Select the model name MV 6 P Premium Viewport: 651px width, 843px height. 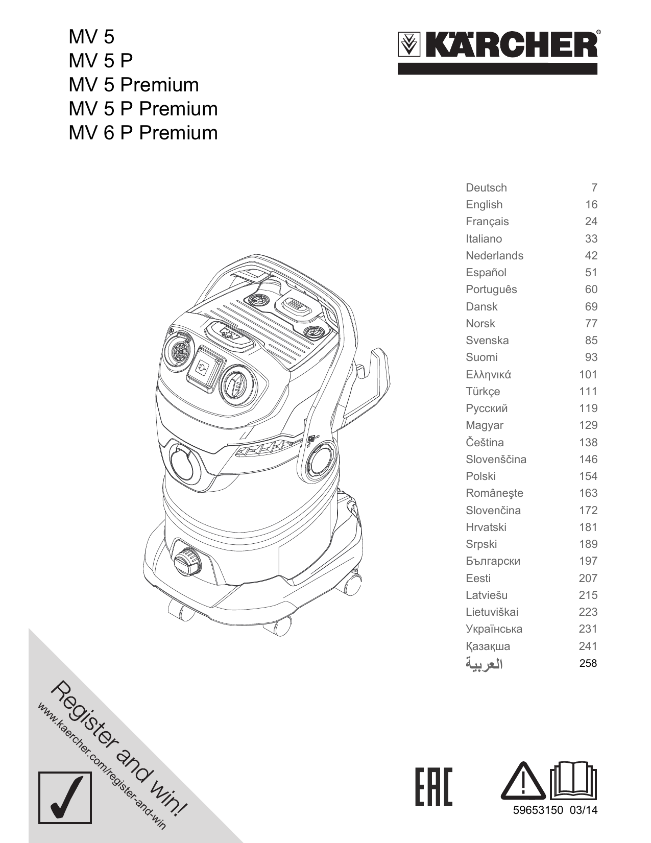pos(143,133)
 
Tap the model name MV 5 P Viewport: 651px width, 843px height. pos(101,61)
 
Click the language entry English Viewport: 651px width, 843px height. pos(484,205)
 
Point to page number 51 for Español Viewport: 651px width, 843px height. pos(591,273)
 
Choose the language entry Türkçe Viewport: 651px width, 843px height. pos(483,392)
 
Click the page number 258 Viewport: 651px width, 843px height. pos(588,663)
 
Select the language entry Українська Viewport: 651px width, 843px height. pos(494,629)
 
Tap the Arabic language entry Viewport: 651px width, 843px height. pos(484,664)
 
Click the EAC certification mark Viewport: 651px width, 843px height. pos(433,786)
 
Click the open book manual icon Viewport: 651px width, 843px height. pos(573,781)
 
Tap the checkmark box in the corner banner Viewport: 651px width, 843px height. pos(65,798)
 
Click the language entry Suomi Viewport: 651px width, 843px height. pos(481,357)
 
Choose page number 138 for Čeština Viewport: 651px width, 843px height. pos(588,443)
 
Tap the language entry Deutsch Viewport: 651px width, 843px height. pos(486,188)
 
